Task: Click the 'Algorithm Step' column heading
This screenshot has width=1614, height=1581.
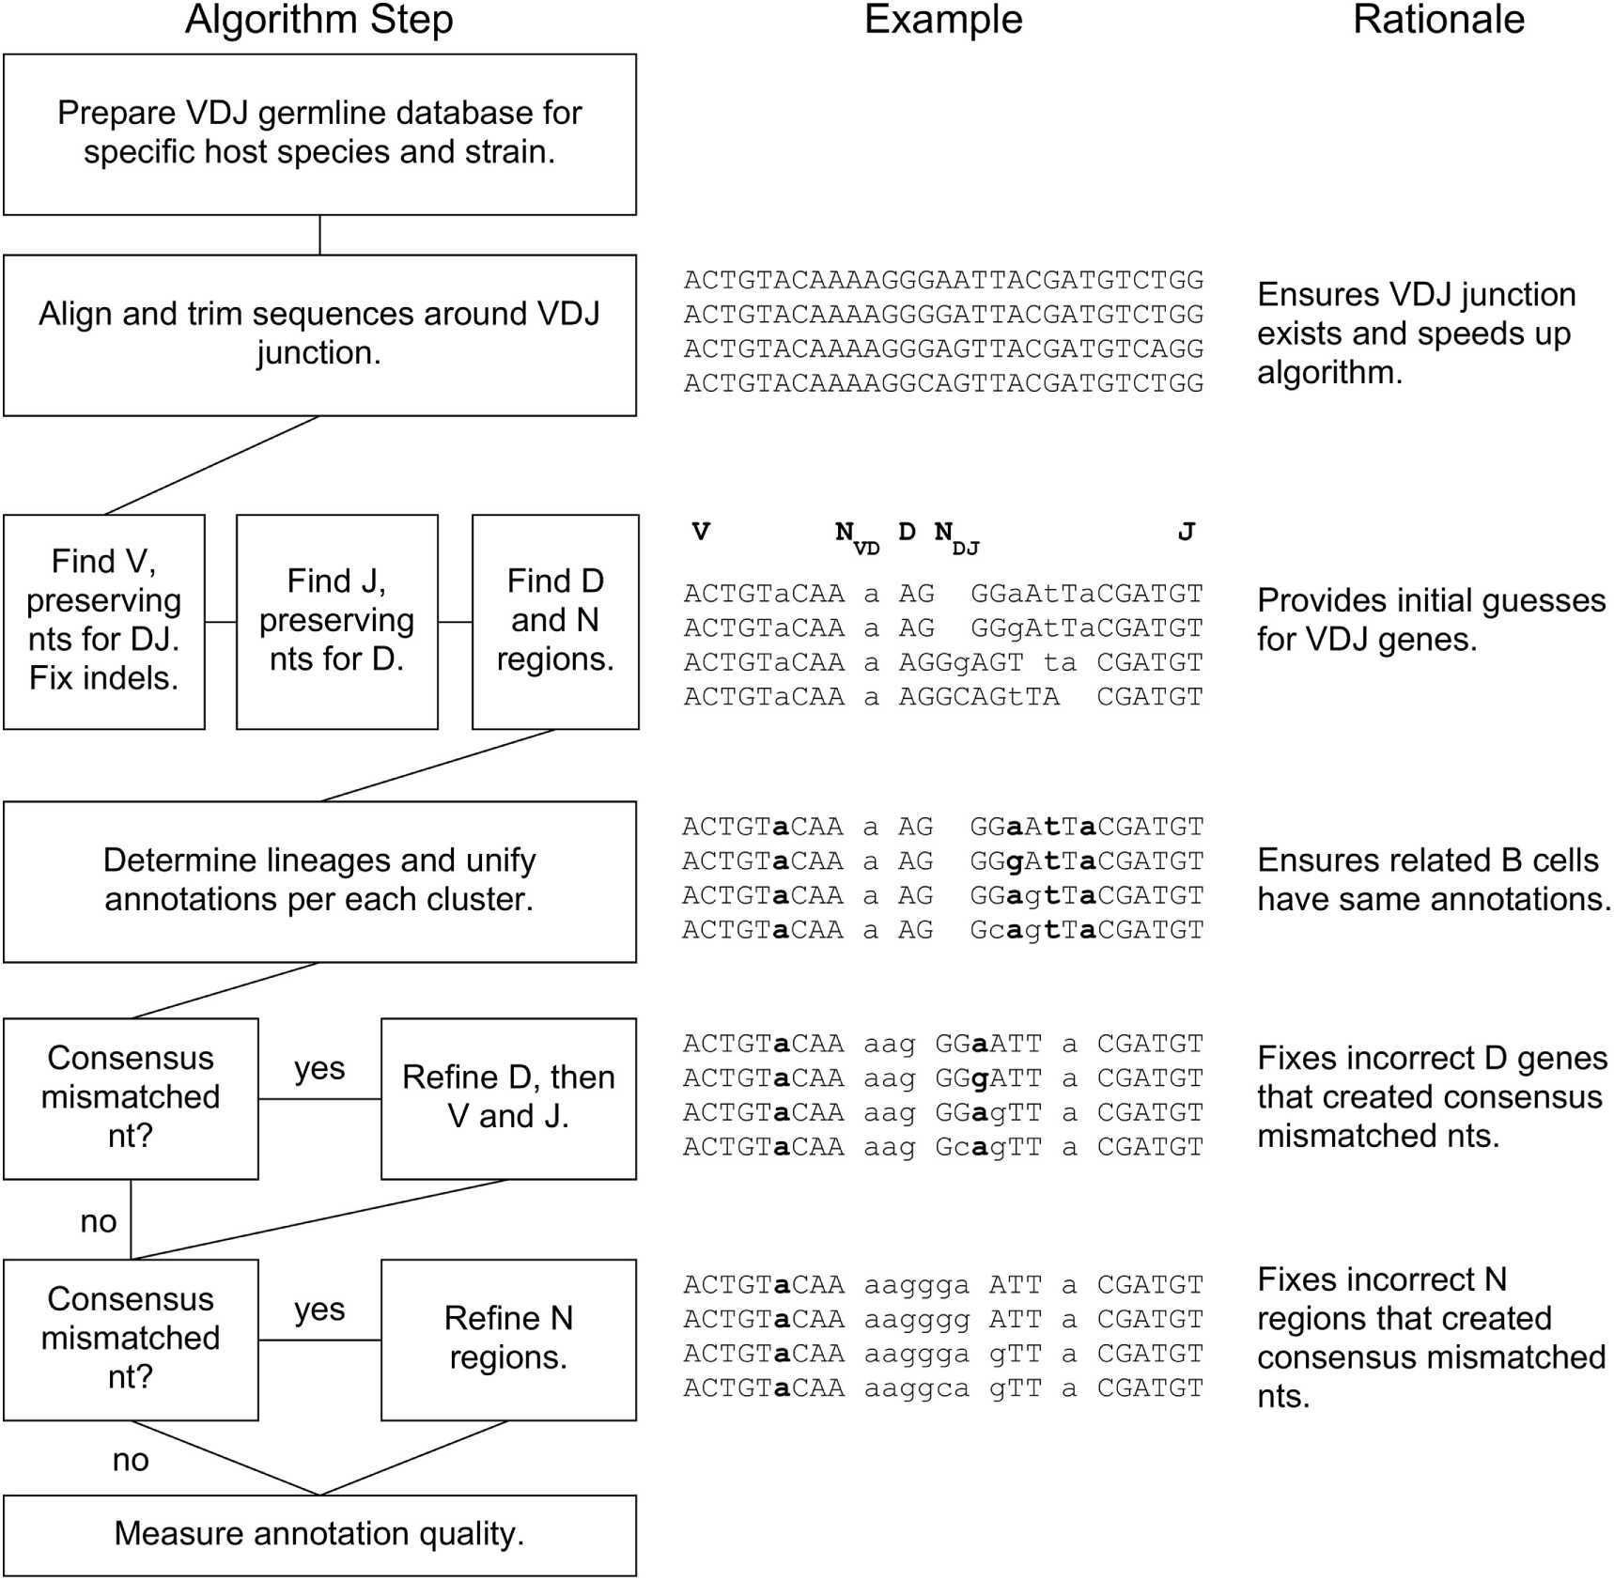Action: (x=318, y=20)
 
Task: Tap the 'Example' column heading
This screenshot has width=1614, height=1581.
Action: (x=942, y=20)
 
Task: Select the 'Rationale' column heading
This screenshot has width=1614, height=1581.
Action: (x=1437, y=20)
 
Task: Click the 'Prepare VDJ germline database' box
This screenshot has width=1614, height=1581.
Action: (x=319, y=133)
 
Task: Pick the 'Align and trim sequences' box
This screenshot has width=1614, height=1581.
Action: (x=319, y=334)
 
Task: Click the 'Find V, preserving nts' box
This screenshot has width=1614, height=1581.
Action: (x=103, y=621)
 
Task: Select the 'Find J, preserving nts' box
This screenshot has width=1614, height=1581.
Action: (x=336, y=621)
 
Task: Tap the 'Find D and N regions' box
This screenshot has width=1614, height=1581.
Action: (x=554, y=621)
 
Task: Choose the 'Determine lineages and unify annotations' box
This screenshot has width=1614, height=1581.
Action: (x=319, y=880)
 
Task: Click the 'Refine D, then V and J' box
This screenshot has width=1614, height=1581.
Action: (x=508, y=1097)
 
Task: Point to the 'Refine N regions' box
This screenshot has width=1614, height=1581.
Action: (x=508, y=1339)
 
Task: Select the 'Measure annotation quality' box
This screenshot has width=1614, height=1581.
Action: (x=319, y=1534)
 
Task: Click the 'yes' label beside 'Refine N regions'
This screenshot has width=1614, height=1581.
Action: (x=319, y=1309)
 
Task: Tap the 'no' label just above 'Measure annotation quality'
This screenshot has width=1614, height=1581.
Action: (x=131, y=1460)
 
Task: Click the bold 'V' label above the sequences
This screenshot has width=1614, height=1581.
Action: (x=701, y=533)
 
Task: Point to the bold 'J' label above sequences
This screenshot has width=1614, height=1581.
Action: (x=1186, y=533)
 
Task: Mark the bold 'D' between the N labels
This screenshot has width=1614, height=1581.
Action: (x=907, y=533)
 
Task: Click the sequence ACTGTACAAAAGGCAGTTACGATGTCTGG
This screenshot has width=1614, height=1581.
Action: (x=943, y=383)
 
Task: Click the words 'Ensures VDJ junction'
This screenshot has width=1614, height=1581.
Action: (x=1416, y=295)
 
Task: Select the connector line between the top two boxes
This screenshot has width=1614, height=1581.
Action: (x=319, y=235)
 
